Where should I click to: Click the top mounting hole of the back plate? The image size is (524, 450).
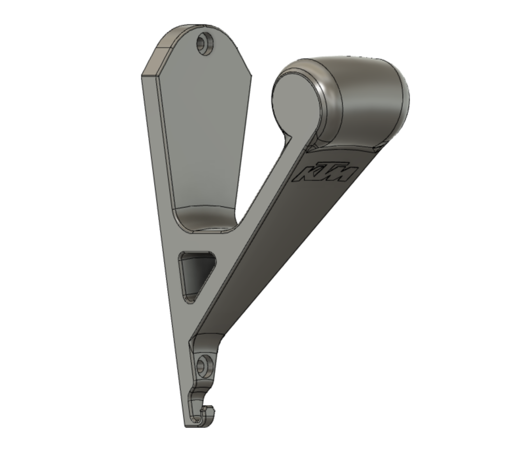(x=205, y=43)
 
